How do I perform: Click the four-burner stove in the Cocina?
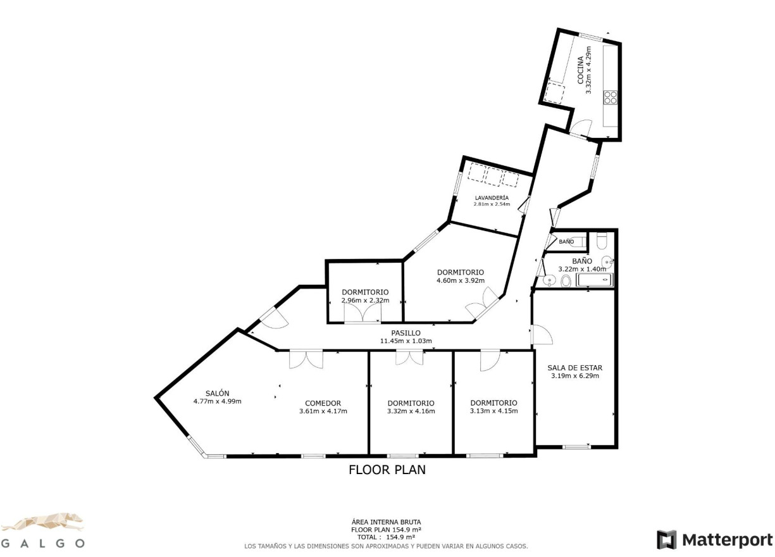click(611, 97)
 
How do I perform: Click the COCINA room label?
click(580, 70)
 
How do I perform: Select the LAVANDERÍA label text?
click(492, 197)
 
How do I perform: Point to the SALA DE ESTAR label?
click(574, 367)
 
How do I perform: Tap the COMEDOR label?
click(323, 403)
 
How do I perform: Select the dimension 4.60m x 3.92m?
click(460, 280)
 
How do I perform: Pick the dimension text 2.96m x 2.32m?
click(365, 300)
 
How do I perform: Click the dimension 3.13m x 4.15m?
click(493, 411)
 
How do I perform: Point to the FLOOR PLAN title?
click(387, 470)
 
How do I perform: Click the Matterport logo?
click(715, 540)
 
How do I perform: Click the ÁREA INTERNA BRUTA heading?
click(386, 522)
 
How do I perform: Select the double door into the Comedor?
click(306, 359)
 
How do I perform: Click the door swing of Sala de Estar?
click(542, 335)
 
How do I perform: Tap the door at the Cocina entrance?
click(580, 128)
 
